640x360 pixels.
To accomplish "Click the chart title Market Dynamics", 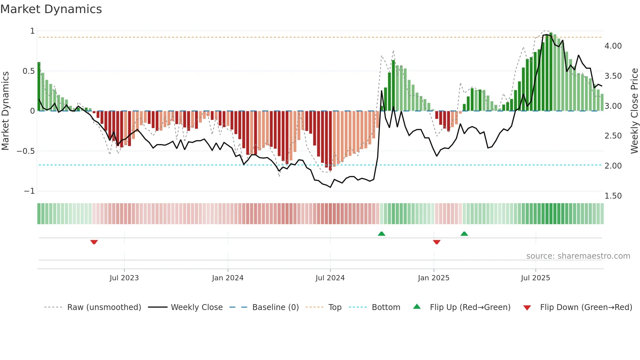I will [x=51, y=9].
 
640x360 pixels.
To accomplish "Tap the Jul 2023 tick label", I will [x=124, y=278].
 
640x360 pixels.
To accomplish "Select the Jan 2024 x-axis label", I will [x=228, y=278].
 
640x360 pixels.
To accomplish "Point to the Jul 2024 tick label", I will [x=330, y=278].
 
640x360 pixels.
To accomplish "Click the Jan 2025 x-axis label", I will [x=433, y=278].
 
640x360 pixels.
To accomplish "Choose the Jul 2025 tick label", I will [x=535, y=278].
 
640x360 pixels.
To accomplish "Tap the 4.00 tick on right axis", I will [x=613, y=46].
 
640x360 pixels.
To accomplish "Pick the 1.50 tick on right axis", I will [x=613, y=196].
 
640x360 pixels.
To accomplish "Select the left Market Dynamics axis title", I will [x=5, y=111].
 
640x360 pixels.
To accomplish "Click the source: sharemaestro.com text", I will [x=578, y=256].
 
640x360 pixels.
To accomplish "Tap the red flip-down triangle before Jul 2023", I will [x=94, y=242].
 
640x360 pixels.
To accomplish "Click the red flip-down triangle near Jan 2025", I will [x=437, y=242].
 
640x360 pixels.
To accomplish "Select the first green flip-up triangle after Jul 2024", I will [x=381, y=234].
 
